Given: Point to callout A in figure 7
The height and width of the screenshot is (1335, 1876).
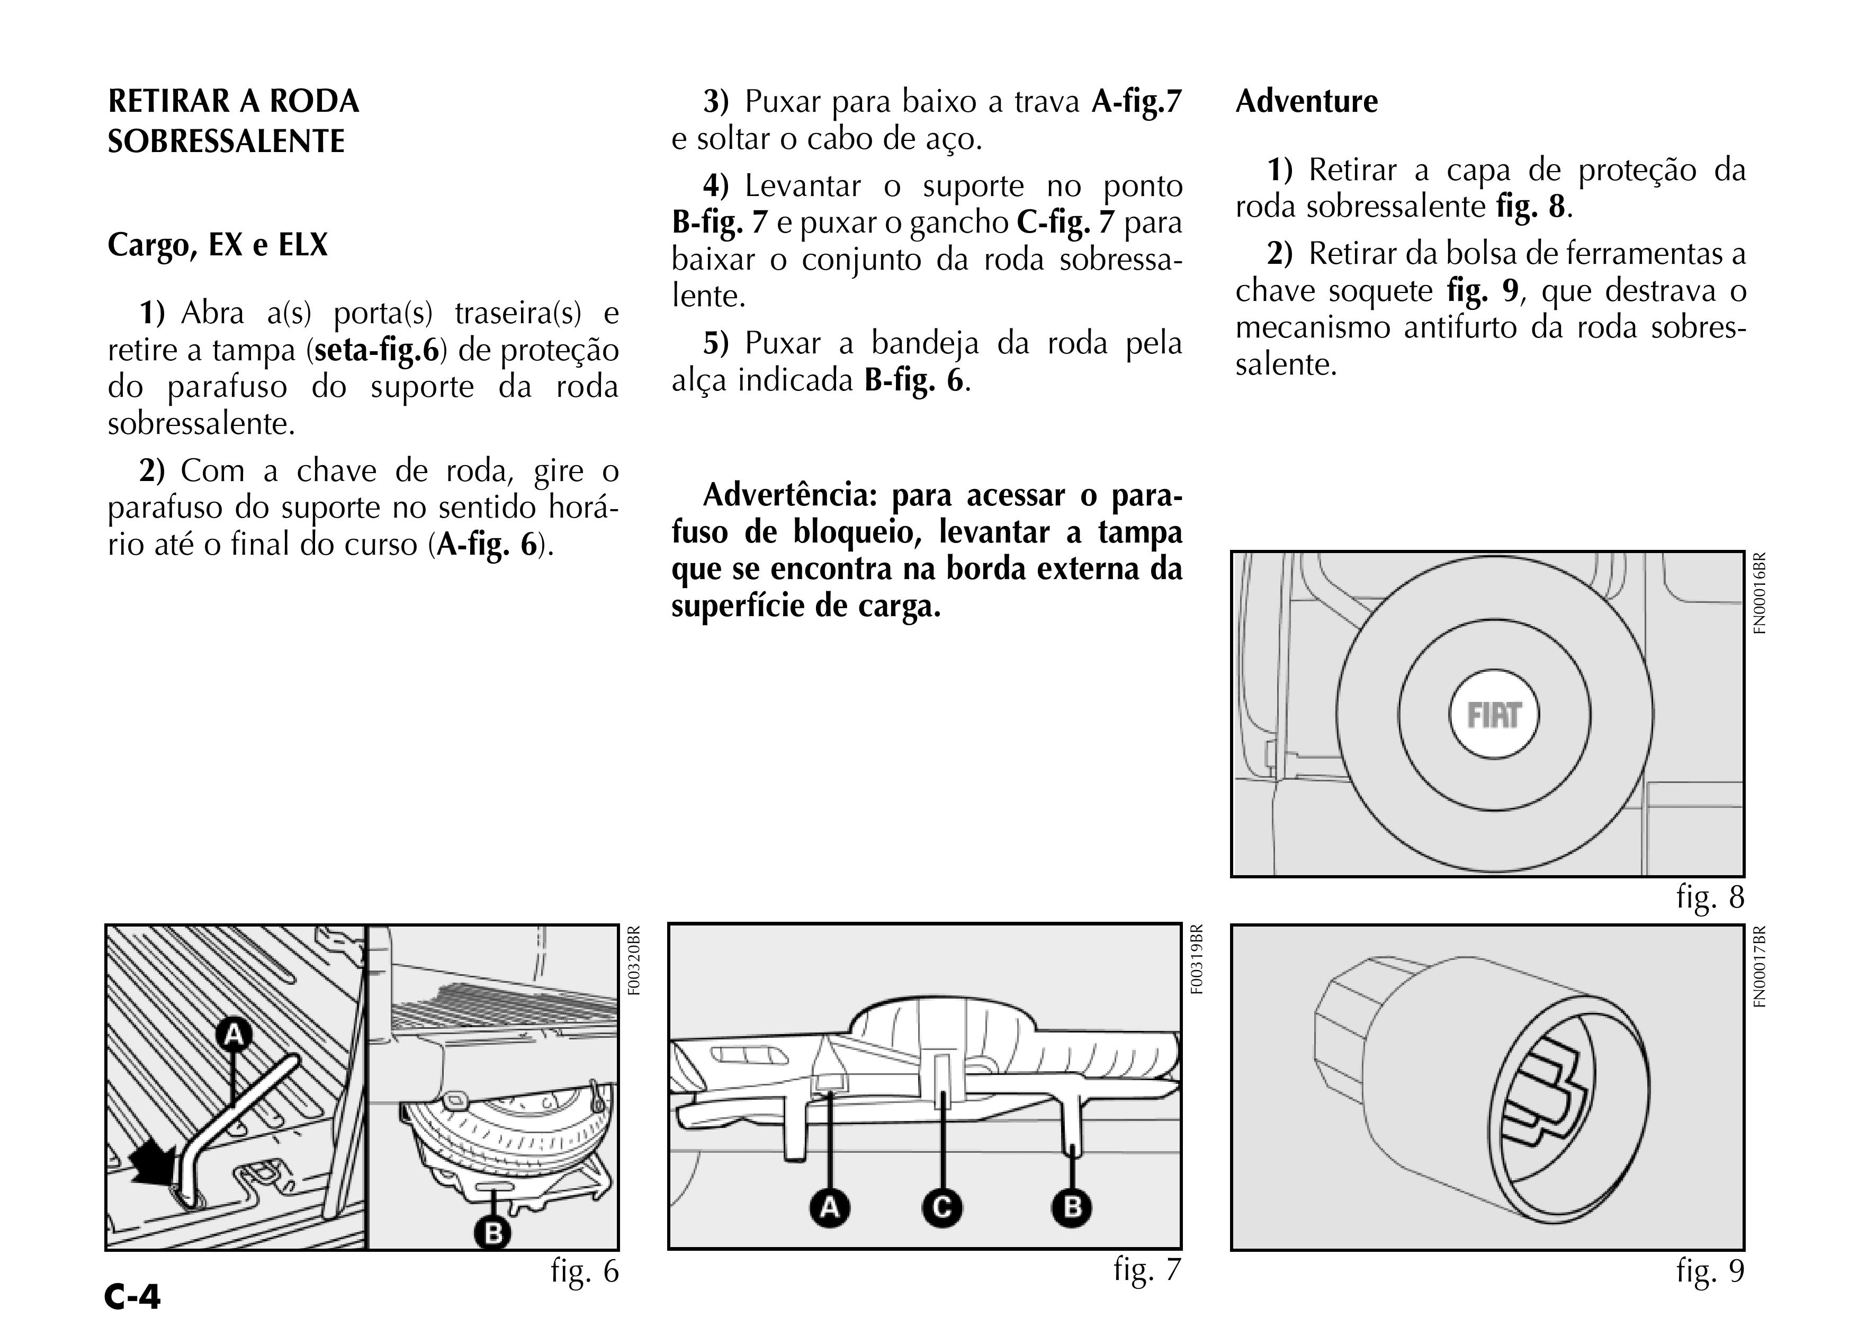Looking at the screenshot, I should pos(829,1207).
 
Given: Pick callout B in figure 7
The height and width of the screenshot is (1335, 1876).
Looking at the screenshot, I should pos(1072,1207).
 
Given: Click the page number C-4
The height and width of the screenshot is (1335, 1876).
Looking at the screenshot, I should pos(133,1297).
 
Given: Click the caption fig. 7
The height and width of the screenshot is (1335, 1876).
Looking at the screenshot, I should pos(1147,1269).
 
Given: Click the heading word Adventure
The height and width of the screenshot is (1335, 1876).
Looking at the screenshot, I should pos(1307,102).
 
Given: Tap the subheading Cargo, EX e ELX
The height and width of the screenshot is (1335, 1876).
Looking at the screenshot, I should pos(218,245).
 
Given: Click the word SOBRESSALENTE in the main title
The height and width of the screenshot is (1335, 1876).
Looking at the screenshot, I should pos(226,141).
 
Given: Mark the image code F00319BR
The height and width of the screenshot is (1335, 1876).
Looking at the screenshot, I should pos(1197,959).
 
